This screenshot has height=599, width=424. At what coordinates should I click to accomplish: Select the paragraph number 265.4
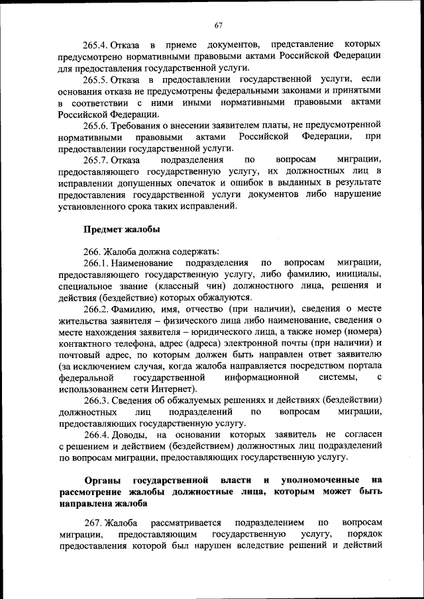(95, 44)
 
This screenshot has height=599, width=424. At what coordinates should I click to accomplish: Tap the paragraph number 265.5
(95, 79)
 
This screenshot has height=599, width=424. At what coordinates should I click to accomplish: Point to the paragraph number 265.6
(95, 125)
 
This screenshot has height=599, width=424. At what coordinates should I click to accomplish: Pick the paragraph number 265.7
(95, 160)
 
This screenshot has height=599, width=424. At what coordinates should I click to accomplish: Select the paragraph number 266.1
(95, 263)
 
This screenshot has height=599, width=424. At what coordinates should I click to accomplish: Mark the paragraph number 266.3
(95, 400)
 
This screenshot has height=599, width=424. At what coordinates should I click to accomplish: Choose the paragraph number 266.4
(95, 434)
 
